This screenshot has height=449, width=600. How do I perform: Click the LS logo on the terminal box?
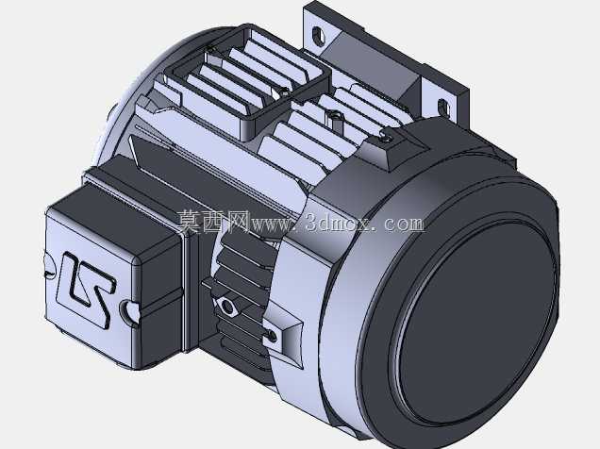pos(86,289)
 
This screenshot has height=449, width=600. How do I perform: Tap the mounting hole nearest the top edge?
pos(318,36)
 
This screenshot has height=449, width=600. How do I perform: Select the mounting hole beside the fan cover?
pos(443,108)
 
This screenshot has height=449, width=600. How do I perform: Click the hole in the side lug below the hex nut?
pos(272,336)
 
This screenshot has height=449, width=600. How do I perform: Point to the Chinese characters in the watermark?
pos(213,222)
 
